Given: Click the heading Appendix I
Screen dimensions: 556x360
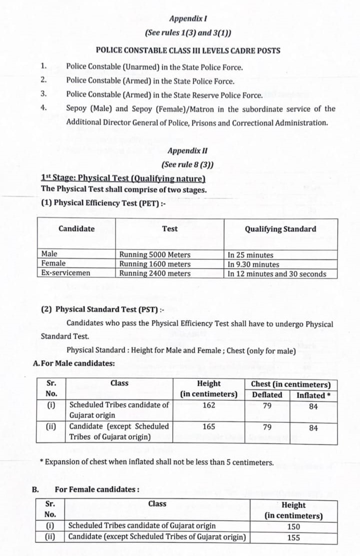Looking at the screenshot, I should (x=187, y=18).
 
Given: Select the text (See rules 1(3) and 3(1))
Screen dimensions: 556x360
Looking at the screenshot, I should (x=187, y=33).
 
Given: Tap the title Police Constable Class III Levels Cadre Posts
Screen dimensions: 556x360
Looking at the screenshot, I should (x=187, y=50).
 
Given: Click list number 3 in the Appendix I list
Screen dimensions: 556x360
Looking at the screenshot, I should (x=43, y=93).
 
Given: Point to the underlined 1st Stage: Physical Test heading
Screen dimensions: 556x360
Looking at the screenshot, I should (x=123, y=178).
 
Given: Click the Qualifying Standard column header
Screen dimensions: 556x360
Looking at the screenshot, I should (x=280, y=229).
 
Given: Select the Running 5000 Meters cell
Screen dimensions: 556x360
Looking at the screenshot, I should (x=154, y=254).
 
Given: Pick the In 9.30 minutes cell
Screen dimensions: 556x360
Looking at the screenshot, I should (x=253, y=264).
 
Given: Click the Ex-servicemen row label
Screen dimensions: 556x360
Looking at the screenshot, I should (x=61, y=274).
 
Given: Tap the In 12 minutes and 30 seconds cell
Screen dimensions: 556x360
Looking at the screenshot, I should (x=276, y=274).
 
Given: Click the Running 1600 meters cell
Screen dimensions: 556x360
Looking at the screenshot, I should (x=154, y=264).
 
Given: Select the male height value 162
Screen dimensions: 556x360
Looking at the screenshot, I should (x=208, y=405).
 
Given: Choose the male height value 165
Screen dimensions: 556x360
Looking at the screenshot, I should (x=208, y=427).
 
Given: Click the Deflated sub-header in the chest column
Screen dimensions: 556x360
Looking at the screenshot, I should (x=267, y=395).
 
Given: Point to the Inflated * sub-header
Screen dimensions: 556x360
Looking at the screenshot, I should (x=313, y=395).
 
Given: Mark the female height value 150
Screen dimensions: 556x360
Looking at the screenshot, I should (x=293, y=526).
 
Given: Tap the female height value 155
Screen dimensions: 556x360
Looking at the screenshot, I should (x=293, y=538).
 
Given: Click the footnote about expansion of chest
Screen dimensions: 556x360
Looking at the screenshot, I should (x=156, y=462).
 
